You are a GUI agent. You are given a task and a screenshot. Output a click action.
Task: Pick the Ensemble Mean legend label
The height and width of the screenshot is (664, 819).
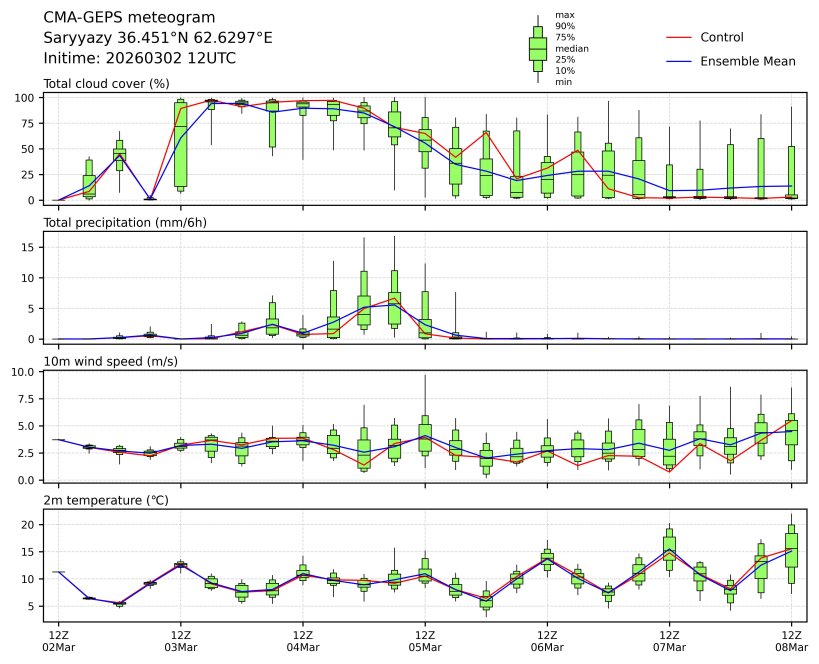pyautogui.click(x=748, y=61)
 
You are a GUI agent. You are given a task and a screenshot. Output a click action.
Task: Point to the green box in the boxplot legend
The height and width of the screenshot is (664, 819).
pyautogui.click(x=538, y=49)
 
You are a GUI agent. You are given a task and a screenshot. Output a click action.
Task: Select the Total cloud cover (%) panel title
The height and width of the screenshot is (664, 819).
pyautogui.click(x=106, y=83)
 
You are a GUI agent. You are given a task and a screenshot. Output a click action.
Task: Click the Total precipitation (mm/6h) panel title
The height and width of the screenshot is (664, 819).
pyautogui.click(x=125, y=222)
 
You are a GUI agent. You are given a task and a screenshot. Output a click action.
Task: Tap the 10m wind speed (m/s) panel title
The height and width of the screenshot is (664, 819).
pyautogui.click(x=110, y=361)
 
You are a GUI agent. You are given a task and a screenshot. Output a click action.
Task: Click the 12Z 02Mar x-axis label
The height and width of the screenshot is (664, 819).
pyautogui.click(x=58, y=641)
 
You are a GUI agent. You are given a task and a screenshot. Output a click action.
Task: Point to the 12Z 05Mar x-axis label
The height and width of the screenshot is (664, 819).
pyautogui.click(x=425, y=641)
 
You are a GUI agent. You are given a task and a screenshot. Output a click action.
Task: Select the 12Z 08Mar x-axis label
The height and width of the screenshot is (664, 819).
pyautogui.click(x=792, y=641)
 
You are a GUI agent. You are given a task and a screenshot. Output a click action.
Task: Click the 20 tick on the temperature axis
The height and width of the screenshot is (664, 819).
pyautogui.click(x=30, y=524)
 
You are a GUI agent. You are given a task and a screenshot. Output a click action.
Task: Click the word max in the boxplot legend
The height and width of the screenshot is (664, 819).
pyautogui.click(x=565, y=15)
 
